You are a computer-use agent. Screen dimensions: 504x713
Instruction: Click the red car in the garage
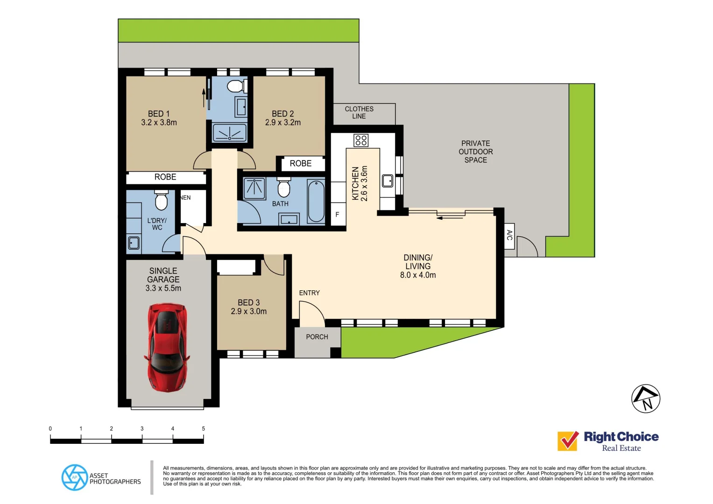pyautogui.click(x=167, y=347)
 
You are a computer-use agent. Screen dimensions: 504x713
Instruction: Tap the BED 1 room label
pyautogui.click(x=159, y=114)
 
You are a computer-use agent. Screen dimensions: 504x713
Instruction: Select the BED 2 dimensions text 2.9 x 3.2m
pyautogui.click(x=283, y=123)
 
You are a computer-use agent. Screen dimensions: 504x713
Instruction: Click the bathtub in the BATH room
pyautogui.click(x=316, y=201)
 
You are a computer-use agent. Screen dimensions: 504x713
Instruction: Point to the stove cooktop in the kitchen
pyautogui.click(x=361, y=140)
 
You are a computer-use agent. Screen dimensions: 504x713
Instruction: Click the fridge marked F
pyautogui.click(x=338, y=215)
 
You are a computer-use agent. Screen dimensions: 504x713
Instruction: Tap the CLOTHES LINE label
pyautogui.click(x=359, y=112)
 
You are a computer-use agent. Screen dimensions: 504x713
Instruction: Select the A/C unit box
pyautogui.click(x=509, y=236)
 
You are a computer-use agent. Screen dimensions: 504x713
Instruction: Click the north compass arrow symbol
pyautogui.click(x=646, y=399)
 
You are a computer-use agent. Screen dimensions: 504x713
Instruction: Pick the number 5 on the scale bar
pyautogui.click(x=203, y=428)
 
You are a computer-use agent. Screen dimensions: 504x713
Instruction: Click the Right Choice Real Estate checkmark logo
pyautogui.click(x=568, y=441)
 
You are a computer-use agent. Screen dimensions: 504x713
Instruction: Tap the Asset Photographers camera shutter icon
pyautogui.click(x=75, y=477)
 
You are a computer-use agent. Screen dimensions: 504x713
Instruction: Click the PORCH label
pyautogui.click(x=317, y=337)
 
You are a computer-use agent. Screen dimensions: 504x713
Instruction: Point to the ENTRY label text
pyautogui.click(x=309, y=293)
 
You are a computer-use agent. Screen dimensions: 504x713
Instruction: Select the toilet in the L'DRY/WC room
pyautogui.click(x=161, y=201)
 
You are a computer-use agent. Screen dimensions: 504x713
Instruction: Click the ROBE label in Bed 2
pyautogui.click(x=301, y=164)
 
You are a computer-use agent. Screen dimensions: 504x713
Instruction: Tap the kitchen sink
pyautogui.click(x=388, y=181)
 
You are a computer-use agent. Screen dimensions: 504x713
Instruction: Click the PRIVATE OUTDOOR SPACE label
pyautogui.click(x=475, y=152)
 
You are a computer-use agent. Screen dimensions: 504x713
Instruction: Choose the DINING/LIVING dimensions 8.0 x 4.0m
pyautogui.click(x=418, y=275)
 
